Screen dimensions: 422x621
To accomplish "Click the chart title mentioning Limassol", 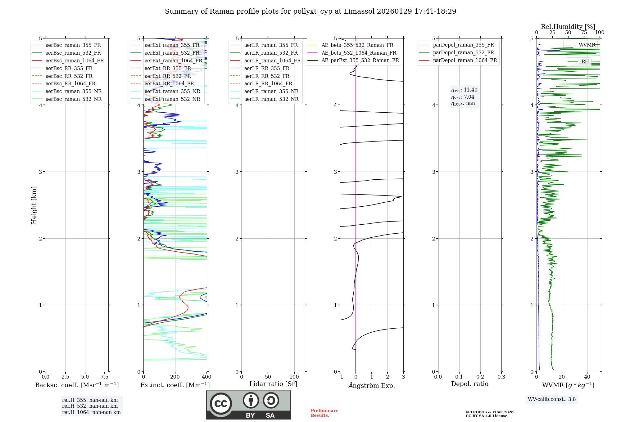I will [x=310, y=11].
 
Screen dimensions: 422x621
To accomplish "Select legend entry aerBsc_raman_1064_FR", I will [x=75, y=61].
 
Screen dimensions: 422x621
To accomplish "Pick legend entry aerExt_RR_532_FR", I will [x=168, y=76].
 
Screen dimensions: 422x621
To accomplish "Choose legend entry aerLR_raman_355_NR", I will [x=271, y=91].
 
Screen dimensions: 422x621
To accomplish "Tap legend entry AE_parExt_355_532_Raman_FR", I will [x=360, y=60].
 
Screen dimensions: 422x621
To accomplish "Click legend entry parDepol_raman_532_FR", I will [x=463, y=52].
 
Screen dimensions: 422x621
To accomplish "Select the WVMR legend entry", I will [x=587, y=45].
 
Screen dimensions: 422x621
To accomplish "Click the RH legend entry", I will [x=585, y=61].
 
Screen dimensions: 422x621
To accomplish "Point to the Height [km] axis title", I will [x=34, y=205].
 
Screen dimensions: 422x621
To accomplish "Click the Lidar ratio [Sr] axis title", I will [x=273, y=384].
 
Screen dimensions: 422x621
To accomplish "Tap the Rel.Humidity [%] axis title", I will [x=568, y=27].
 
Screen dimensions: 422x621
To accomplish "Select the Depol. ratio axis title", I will [x=469, y=384].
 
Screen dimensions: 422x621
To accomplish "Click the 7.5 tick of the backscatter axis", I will [x=105, y=377].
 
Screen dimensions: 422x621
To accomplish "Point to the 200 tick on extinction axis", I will [x=175, y=377].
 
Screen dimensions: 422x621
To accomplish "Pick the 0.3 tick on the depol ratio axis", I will [x=501, y=377].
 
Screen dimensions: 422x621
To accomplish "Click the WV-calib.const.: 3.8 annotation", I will [x=552, y=399].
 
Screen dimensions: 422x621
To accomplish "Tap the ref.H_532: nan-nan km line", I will [x=90, y=406].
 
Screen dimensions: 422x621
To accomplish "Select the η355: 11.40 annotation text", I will [x=464, y=90].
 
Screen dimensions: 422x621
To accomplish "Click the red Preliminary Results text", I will [x=324, y=413].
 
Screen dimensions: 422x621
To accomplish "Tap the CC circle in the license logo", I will [x=221, y=404].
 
